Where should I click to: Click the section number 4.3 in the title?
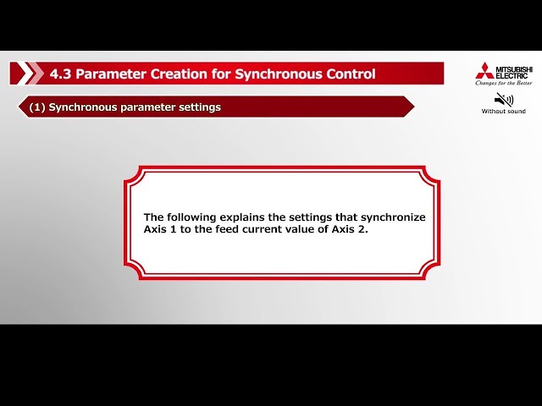tap(59, 74)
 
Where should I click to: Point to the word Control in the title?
tap(349, 74)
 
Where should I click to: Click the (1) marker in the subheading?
tap(36, 107)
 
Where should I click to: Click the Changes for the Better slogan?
tap(503, 83)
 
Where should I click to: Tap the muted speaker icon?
tap(503, 99)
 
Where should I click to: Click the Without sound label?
tap(503, 112)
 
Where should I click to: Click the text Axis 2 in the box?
tap(351, 230)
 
